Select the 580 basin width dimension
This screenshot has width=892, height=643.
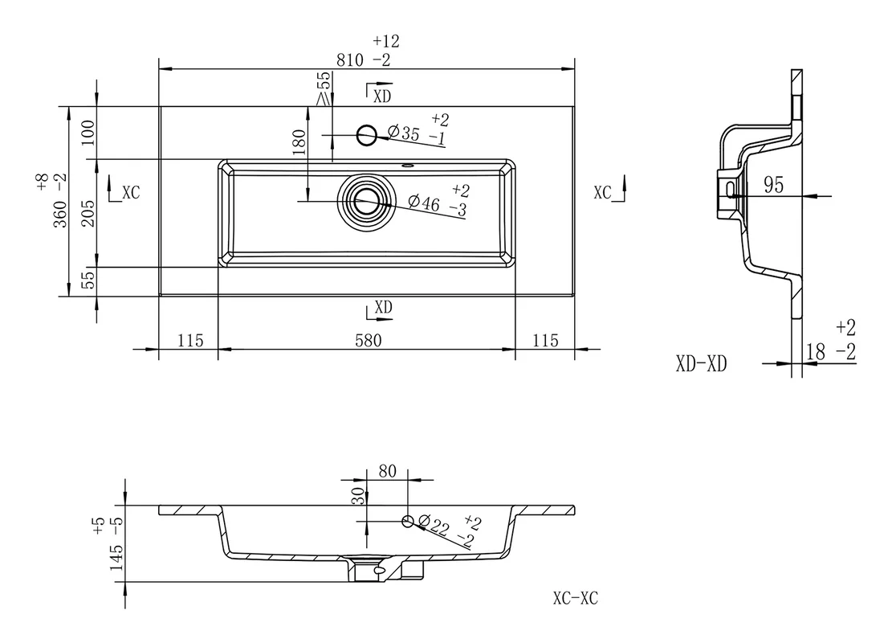(369, 341)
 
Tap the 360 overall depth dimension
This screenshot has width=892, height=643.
(60, 214)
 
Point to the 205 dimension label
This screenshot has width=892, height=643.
(88, 214)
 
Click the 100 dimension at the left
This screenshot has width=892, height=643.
(88, 133)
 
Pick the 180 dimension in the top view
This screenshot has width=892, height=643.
(299, 142)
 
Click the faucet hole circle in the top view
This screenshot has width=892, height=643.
(367, 135)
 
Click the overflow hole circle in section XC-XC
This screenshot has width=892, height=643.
(408, 521)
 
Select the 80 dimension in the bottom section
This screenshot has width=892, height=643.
(388, 471)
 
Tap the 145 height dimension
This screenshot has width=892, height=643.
(116, 558)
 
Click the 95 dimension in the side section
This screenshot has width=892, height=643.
(774, 185)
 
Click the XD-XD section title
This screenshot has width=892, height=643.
(702, 363)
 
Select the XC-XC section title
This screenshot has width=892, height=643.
(576, 598)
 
